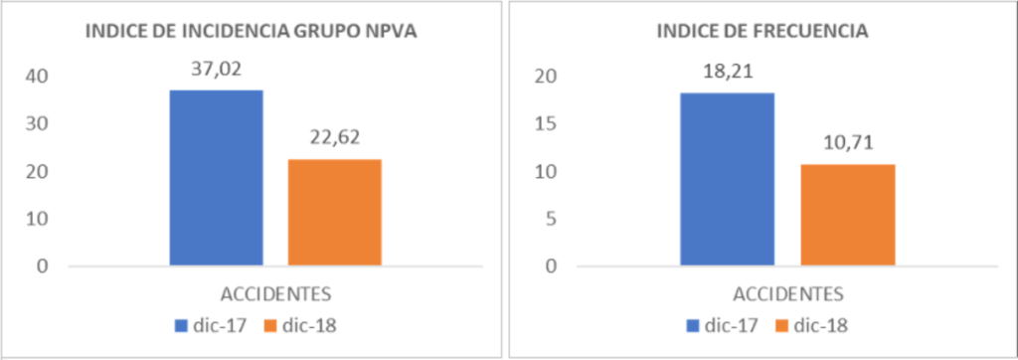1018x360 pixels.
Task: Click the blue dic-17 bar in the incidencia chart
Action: coord(216,177)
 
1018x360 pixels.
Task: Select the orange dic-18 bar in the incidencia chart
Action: coord(335,212)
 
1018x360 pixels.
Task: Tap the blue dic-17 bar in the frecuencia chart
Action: coord(727,179)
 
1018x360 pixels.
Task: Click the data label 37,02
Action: coord(216,69)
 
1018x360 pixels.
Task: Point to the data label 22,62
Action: coord(335,138)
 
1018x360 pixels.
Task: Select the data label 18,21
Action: coord(727,72)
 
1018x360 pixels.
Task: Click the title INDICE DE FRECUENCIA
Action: coord(763,32)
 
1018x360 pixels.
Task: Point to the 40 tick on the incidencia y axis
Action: coord(37,77)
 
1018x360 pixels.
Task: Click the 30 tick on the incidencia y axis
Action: coord(37,124)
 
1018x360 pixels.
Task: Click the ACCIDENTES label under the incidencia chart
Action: coord(276,293)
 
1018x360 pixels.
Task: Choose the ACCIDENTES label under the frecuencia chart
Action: coord(788,293)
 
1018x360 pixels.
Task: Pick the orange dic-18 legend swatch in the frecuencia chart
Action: coord(783,325)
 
